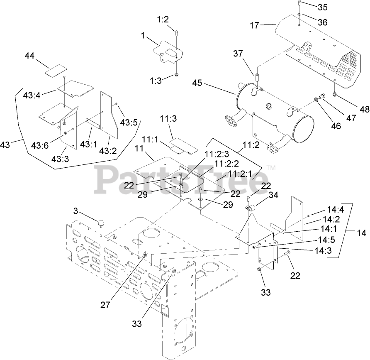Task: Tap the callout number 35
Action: [x=311, y=7]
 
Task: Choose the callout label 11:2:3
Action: [x=214, y=154]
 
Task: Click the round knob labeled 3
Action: [x=101, y=223]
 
